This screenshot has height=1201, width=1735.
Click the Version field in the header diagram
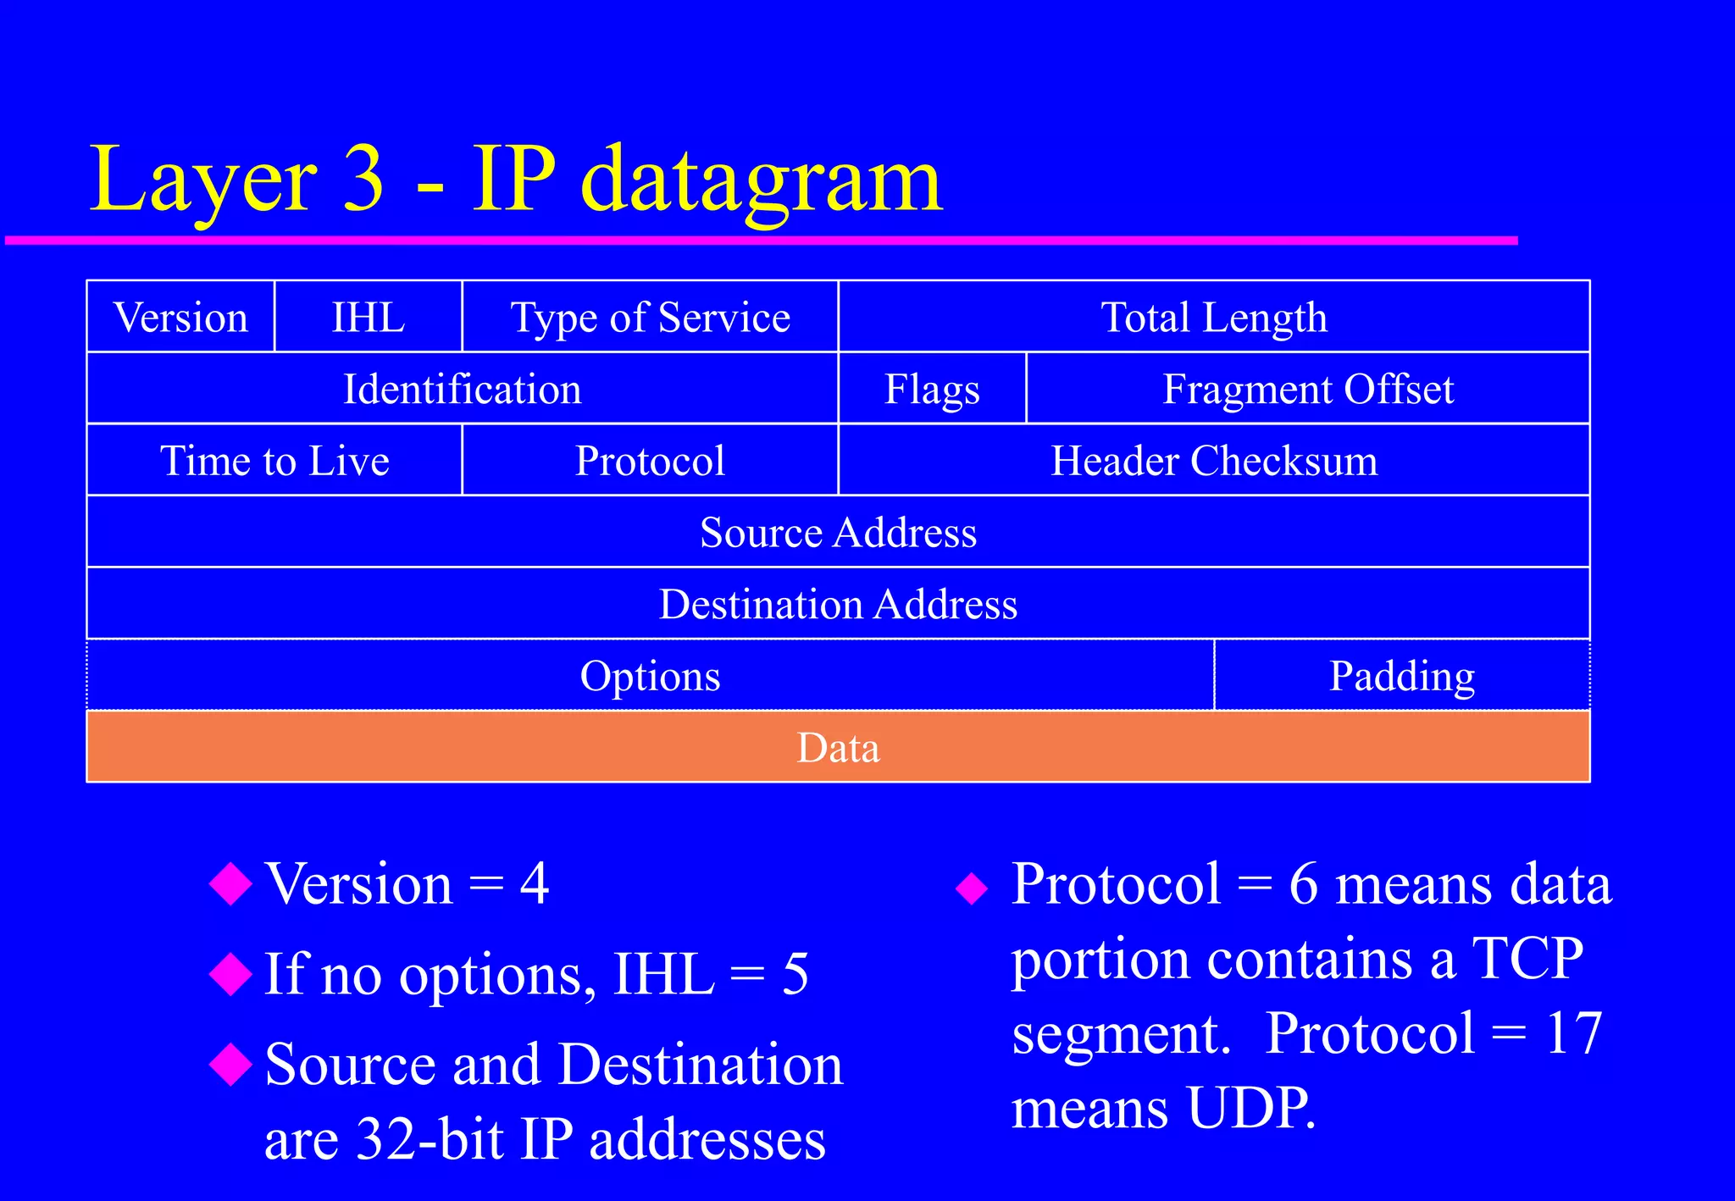[180, 318]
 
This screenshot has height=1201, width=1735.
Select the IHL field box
[369, 318]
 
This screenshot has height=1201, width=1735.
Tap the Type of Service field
[650, 318]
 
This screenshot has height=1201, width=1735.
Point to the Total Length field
[1213, 318]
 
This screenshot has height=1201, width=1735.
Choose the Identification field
[462, 390]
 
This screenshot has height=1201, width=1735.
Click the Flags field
[932, 390]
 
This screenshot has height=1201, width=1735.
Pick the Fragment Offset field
[1307, 390]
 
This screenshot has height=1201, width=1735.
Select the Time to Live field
[274, 461]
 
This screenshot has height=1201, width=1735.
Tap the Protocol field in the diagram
[650, 461]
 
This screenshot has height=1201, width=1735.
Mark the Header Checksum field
[1213, 461]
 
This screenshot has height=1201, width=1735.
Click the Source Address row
[838, 533]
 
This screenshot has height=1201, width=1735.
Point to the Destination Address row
[838, 605]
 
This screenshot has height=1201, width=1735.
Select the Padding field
[1402, 676]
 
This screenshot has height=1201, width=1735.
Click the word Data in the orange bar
[838, 748]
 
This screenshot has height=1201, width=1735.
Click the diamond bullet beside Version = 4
[230, 884]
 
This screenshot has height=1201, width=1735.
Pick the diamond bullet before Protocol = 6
[972, 888]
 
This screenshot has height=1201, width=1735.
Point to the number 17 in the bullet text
[1573, 1033]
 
